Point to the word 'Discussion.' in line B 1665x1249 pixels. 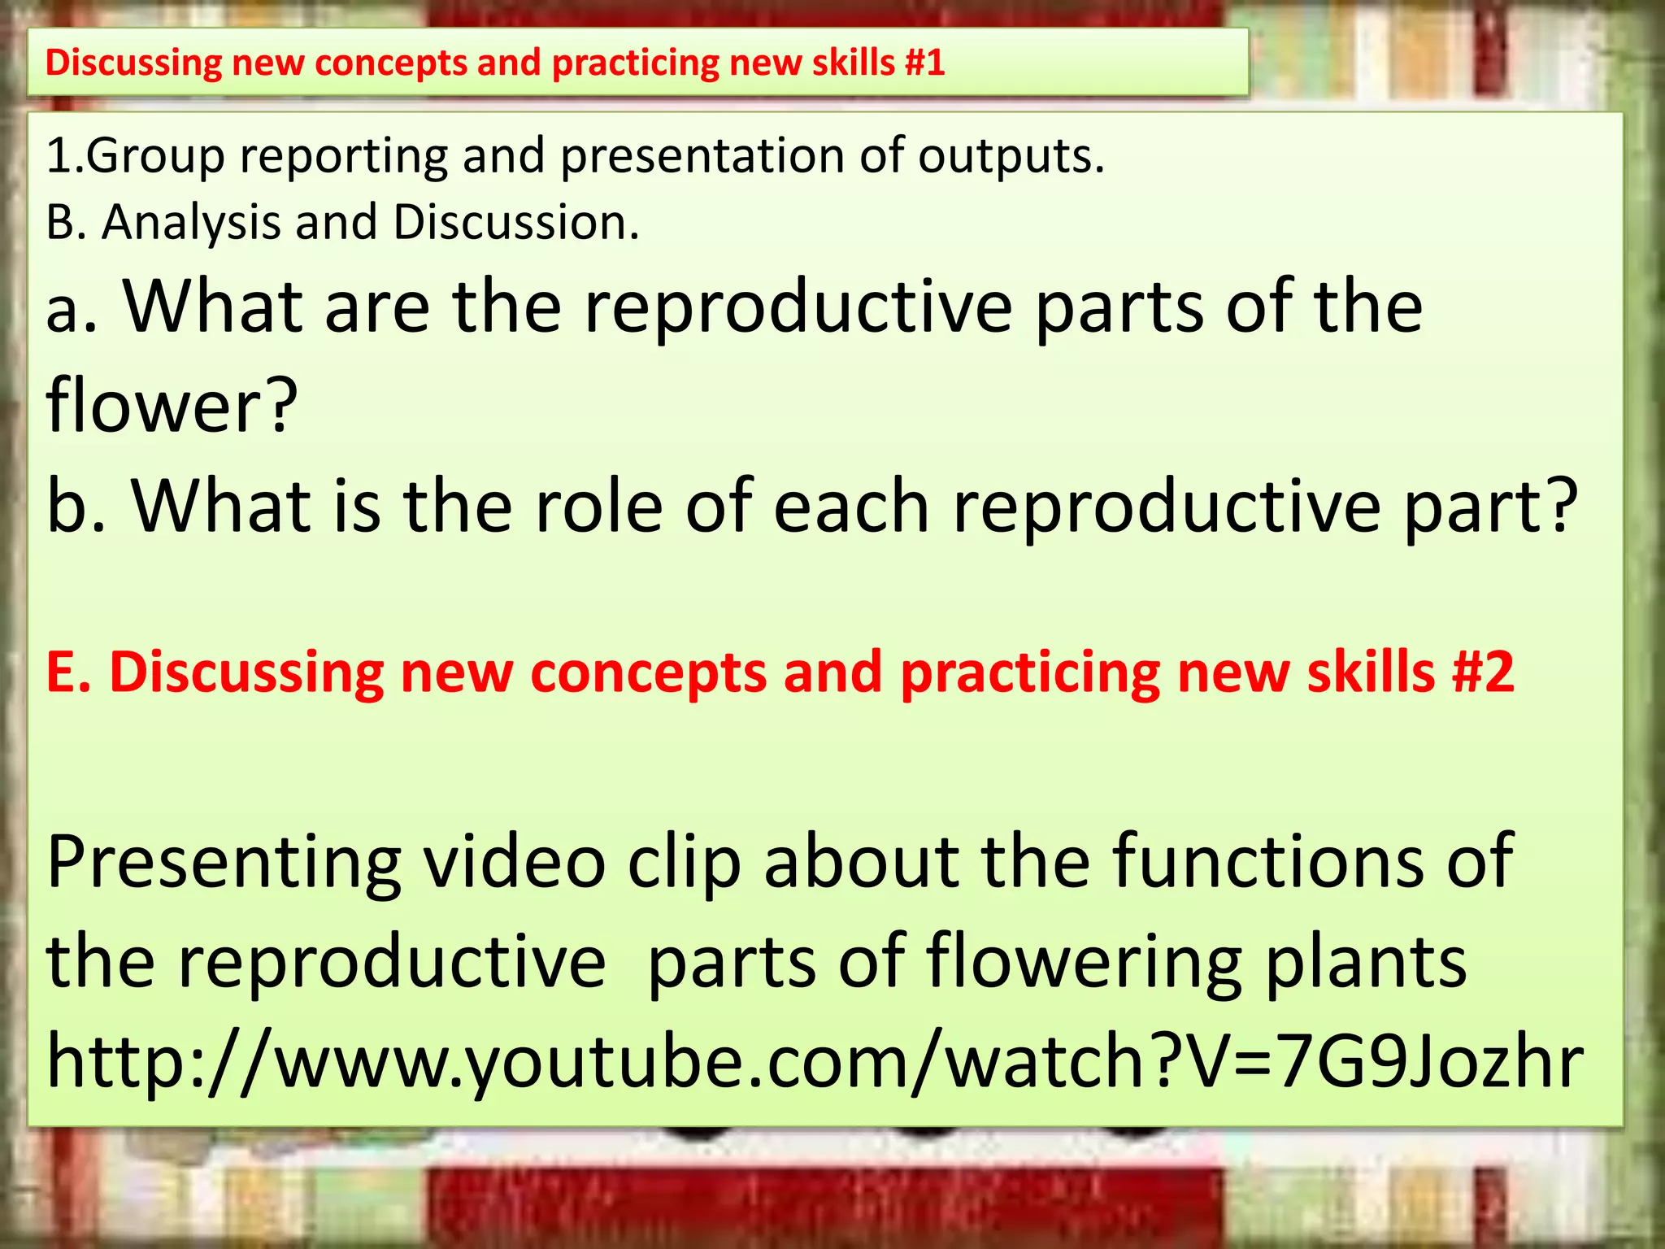click(x=516, y=221)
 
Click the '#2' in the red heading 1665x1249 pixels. click(x=1483, y=672)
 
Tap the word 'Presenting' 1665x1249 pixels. click(x=224, y=862)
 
